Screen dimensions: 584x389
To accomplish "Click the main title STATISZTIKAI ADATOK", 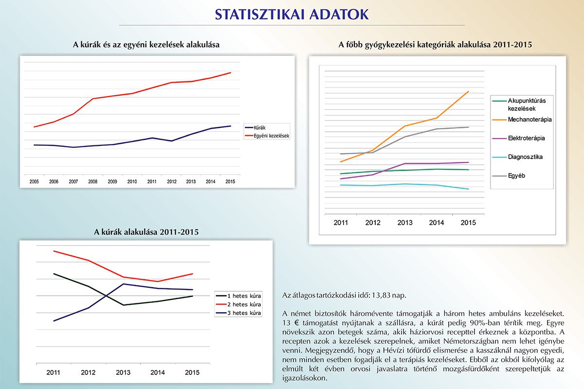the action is tap(292, 15).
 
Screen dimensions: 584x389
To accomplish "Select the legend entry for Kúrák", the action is tap(255, 128).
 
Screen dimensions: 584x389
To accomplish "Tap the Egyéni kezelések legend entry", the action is tap(267, 136).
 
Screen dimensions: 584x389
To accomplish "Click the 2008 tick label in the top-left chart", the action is tap(93, 181).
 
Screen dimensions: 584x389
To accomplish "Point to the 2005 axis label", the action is tap(34, 181).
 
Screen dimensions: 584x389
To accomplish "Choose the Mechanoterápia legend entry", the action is tap(522, 120).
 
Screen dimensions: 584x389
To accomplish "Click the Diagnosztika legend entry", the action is tap(517, 157).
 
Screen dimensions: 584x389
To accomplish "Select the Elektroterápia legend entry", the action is tap(518, 138).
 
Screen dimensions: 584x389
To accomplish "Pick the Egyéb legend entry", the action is tap(509, 176).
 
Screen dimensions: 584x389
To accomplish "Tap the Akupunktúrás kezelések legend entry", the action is tap(519, 105).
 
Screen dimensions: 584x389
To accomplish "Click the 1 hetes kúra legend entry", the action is tap(238, 296).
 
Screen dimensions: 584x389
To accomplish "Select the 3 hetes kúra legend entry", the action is tap(238, 313).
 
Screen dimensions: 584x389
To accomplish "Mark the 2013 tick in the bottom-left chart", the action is tap(123, 372).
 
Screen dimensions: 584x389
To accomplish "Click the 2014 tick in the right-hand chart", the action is tap(437, 223).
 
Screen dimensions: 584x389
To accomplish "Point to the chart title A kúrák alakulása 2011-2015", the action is tap(146, 232).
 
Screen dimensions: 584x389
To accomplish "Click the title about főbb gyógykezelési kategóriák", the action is tap(435, 45).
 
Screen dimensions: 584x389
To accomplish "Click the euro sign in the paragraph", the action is tap(296, 323).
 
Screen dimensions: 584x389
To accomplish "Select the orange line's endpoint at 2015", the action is tap(469, 91).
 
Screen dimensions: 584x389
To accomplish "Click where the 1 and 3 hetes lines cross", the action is tap(106, 296).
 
